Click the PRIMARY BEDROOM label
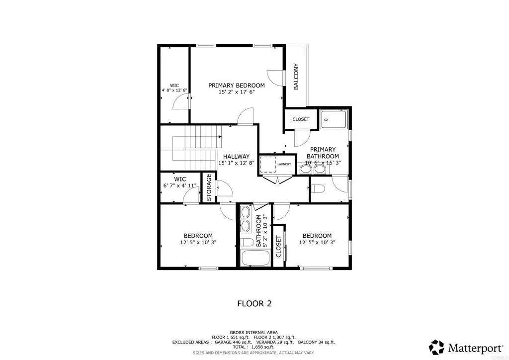coord(236,86)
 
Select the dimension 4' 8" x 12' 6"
coord(174,90)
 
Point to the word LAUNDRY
coord(284,164)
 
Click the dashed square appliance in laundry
coord(268,164)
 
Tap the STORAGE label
coord(209,187)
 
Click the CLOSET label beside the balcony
coord(300,119)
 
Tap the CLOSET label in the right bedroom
coord(278,247)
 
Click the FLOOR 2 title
coord(254,303)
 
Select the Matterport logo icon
coord(436,347)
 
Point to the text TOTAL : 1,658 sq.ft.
coord(254,347)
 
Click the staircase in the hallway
coord(194,149)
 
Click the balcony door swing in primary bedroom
coord(275,77)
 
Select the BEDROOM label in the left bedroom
coord(198,236)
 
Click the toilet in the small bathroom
coord(247,243)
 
